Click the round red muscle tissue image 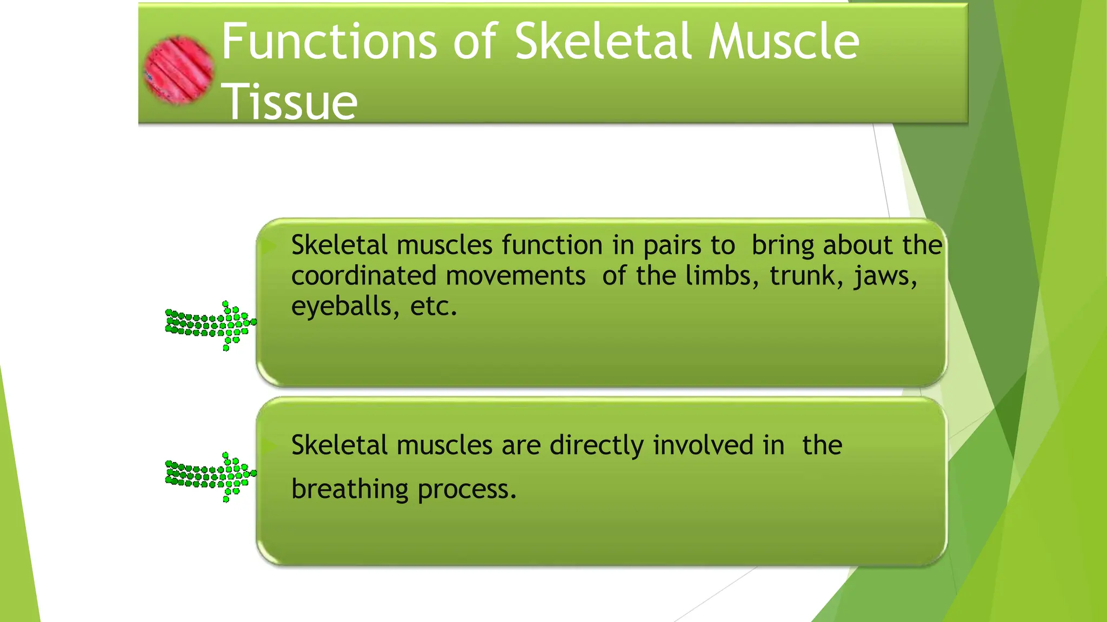click(x=179, y=70)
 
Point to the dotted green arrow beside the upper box click(x=211, y=325)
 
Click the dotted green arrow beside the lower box click(x=211, y=476)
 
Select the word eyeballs click(x=341, y=307)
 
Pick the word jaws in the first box click(x=885, y=276)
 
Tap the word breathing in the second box click(x=350, y=490)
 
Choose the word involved click(x=703, y=446)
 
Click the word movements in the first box click(x=516, y=276)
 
